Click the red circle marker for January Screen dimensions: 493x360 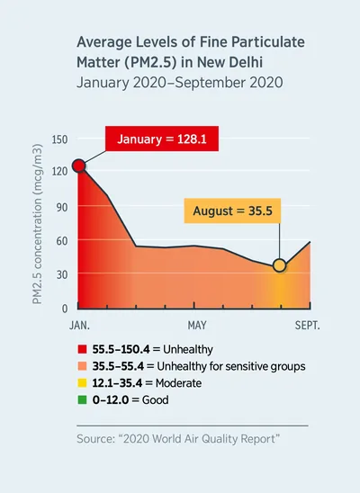[x=79, y=166]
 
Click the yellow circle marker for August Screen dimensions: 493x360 [x=280, y=265]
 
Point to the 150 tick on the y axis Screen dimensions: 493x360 [x=59, y=139]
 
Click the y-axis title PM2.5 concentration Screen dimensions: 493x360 [x=40, y=225]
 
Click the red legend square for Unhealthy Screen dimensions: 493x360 [x=82, y=348]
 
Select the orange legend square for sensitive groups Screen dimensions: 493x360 [x=82, y=365]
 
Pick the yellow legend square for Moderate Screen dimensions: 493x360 [x=82, y=382]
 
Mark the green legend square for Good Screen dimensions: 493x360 [x=82, y=399]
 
